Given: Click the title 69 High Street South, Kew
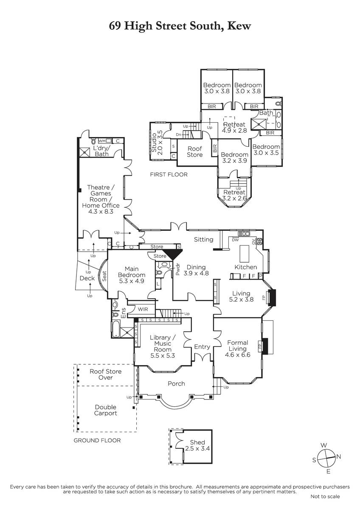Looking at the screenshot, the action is [180, 26].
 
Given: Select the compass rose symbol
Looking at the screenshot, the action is [326, 458].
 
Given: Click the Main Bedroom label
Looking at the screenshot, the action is [132, 275].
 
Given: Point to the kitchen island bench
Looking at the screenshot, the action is [245, 254].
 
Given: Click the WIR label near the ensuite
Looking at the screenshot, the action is [143, 309].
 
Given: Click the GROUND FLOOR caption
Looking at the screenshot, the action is [97, 440].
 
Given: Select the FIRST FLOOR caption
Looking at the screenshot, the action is [169, 174].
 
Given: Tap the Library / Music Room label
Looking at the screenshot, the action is [162, 347].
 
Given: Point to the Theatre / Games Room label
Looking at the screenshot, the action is [101, 199].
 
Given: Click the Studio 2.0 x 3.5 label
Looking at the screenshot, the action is [157, 143].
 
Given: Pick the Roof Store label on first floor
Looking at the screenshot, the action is [195, 151].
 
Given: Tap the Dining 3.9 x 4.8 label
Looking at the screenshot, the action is [196, 270].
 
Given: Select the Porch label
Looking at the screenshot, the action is [176, 383].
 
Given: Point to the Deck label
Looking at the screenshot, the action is [87, 278].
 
